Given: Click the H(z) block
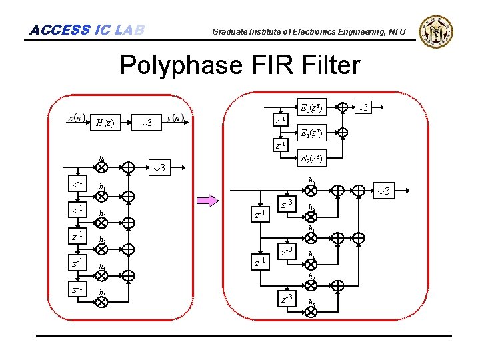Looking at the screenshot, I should pos(105,123).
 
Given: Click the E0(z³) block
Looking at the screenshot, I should pos(311,107).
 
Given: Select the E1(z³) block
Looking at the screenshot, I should pos(311,133).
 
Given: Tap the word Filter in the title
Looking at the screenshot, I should pos(327,65).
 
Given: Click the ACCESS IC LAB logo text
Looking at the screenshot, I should pos(87,30).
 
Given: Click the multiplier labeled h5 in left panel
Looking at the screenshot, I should pos(102,301).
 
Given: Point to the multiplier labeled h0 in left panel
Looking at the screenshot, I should pos(102,167).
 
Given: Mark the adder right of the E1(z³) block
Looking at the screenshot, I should pos(342,133).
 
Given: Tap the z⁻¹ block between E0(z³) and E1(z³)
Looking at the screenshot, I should pos(281,120).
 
